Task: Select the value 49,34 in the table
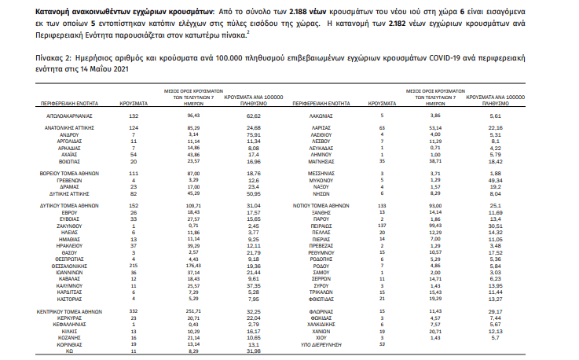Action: (x=493, y=179)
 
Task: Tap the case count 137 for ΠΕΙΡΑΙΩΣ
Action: (x=382, y=224)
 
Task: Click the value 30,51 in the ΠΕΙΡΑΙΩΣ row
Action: (x=493, y=224)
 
